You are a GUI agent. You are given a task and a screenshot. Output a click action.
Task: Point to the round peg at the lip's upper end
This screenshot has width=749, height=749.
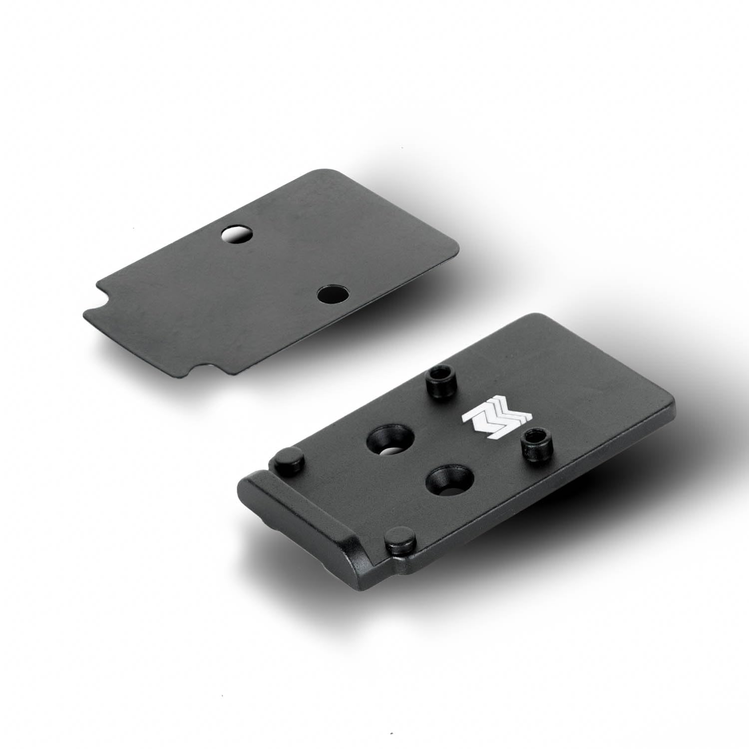point(288,459)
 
